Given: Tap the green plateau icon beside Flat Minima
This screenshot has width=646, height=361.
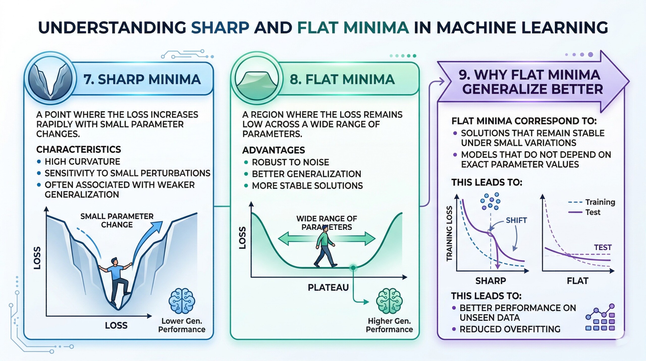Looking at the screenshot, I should [x=256, y=79].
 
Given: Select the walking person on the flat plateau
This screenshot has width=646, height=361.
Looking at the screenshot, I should [x=325, y=246].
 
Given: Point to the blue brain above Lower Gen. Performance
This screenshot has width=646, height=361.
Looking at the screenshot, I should [x=182, y=301].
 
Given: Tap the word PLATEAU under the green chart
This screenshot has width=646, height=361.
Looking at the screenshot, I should [x=328, y=287].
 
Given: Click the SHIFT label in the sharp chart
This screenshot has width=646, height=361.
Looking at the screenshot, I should [x=516, y=220].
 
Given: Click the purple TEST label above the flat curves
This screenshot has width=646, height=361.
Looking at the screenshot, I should [x=603, y=247].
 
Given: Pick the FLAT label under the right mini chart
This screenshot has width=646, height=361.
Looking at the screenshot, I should [x=578, y=281].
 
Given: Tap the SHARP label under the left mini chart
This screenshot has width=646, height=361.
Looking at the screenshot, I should [x=491, y=281].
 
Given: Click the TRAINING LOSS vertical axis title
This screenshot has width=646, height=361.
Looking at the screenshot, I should [x=449, y=234].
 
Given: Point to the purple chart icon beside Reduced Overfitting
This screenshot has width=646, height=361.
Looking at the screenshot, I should [x=600, y=318].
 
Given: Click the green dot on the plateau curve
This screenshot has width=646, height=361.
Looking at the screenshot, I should [x=353, y=268].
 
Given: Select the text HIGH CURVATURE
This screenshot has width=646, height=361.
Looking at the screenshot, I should [x=82, y=161].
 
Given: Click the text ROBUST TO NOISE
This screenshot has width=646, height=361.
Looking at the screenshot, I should [x=290, y=162].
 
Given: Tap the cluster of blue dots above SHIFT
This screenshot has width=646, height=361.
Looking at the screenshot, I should [x=490, y=201].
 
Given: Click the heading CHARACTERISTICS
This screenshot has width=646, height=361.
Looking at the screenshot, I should [x=78, y=150].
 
